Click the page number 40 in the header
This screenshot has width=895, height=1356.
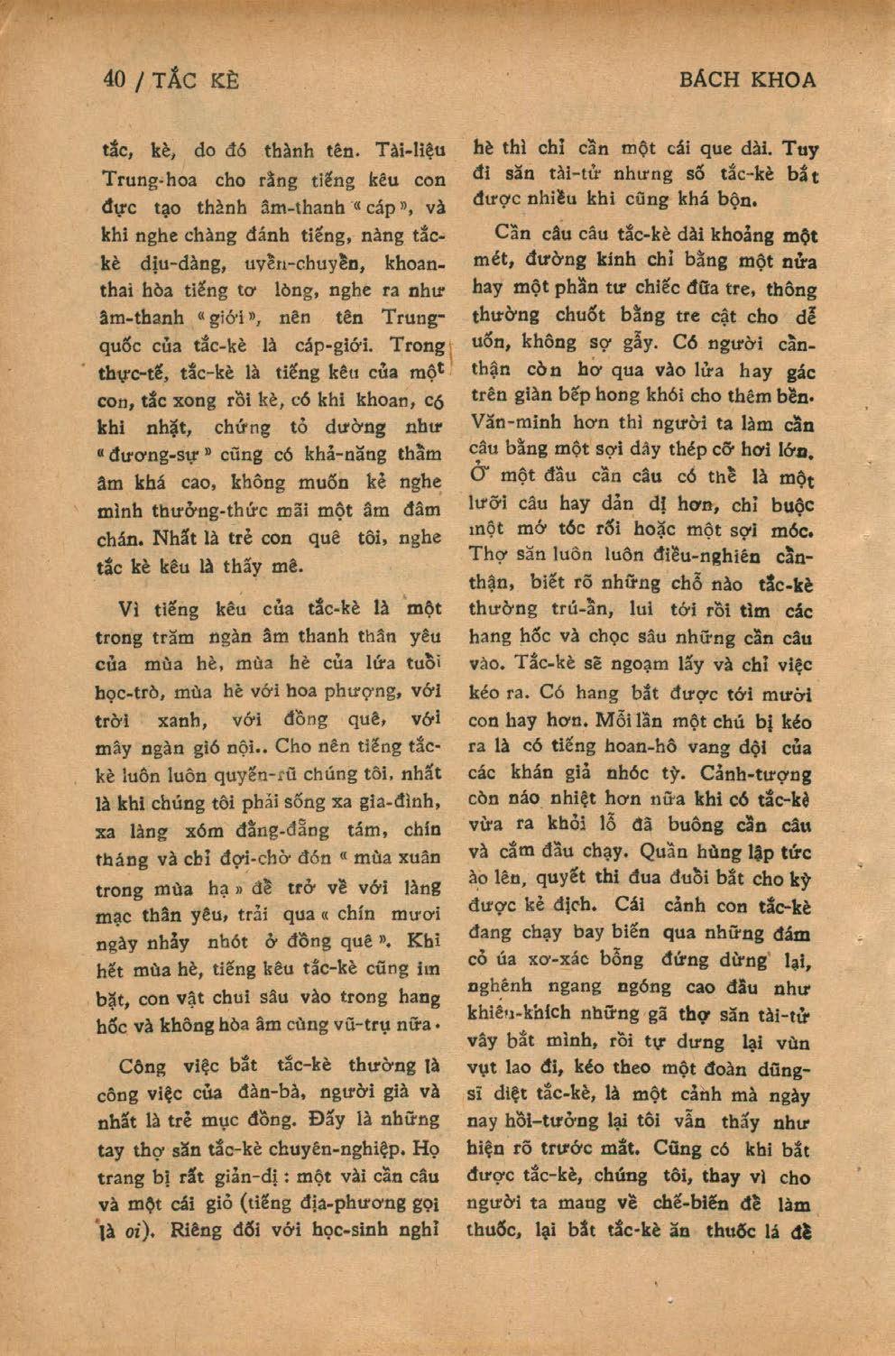pyautogui.click(x=114, y=79)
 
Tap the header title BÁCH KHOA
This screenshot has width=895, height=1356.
pyautogui.click(x=747, y=79)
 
